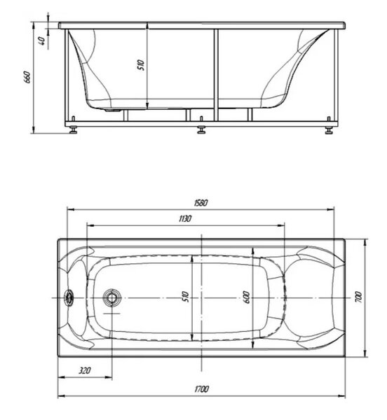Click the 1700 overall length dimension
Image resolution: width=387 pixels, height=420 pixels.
201,388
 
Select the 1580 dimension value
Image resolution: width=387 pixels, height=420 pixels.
201,203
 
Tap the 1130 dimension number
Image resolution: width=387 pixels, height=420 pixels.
185,218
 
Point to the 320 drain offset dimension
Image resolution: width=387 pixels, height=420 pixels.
85,370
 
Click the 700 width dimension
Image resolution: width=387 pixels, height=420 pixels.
358,297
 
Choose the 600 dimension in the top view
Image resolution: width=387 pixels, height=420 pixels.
247,297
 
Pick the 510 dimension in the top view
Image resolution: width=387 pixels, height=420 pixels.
186,297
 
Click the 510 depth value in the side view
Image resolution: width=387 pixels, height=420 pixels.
141,65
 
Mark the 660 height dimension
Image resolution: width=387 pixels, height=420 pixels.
28,77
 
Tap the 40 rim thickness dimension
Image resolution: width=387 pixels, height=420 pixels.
41,41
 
